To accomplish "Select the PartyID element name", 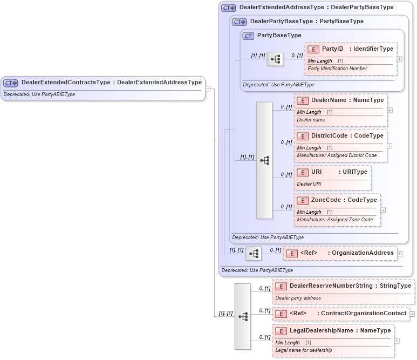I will click(332, 49).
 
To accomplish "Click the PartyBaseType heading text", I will click(279, 36).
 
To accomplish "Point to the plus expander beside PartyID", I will click(399, 59).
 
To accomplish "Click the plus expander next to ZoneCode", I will click(383, 210).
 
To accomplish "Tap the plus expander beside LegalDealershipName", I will click(397, 341).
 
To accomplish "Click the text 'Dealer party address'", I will click(299, 297).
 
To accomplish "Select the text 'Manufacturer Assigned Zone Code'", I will click(334, 220).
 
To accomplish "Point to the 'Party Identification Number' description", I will click(337, 69).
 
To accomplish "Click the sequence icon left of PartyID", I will click(275, 59).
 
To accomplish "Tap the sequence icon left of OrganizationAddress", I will click(254, 254).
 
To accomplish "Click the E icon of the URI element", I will click(303, 172).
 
